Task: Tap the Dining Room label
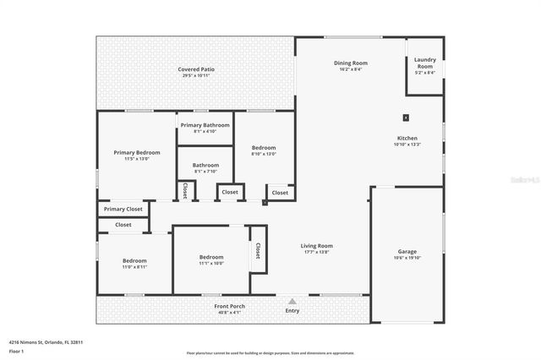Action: [x=350, y=63]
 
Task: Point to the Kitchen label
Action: [x=407, y=139]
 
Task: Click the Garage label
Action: [x=407, y=251]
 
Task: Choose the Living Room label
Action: [x=317, y=246]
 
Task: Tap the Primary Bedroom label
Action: [x=137, y=153]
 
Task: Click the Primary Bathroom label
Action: [x=205, y=125]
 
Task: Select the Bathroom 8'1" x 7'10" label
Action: [x=205, y=166]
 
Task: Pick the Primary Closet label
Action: [x=123, y=209]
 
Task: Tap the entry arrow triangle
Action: [x=292, y=300]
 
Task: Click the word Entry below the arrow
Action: [x=292, y=311]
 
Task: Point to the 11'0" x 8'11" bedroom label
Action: [x=134, y=261]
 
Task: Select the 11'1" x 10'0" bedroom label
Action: [x=211, y=258]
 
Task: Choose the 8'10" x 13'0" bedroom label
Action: [x=264, y=148]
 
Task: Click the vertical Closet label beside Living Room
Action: [x=258, y=251]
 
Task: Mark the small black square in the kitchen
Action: [x=407, y=118]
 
